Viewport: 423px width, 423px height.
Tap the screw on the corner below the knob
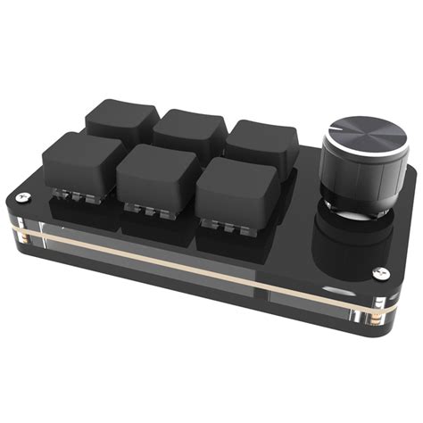pos(381,274)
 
